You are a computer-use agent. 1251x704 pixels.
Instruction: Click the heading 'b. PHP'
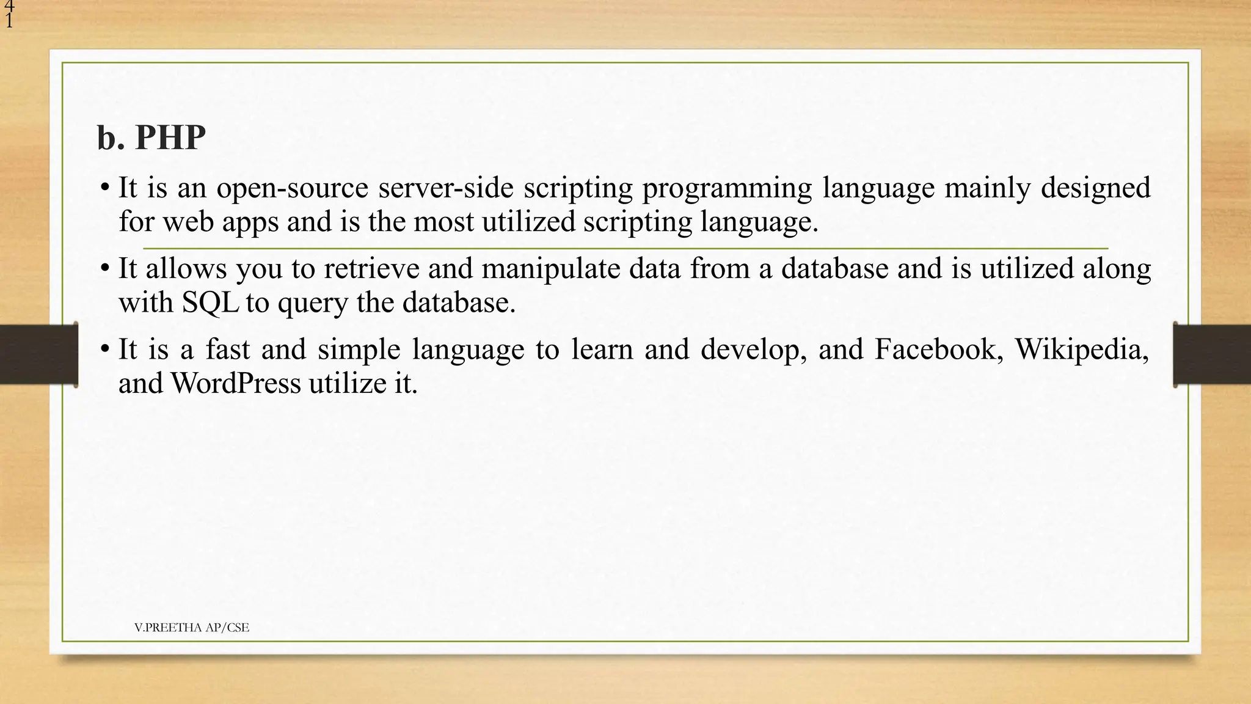(x=151, y=137)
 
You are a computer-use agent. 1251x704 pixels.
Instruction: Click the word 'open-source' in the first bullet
(x=292, y=188)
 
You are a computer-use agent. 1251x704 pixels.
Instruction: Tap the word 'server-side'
(x=445, y=188)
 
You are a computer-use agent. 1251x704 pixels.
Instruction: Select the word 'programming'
(x=726, y=188)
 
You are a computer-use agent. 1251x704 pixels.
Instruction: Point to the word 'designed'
(x=1095, y=188)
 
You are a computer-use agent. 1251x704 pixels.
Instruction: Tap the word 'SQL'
(x=210, y=302)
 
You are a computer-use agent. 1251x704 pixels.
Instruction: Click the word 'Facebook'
(x=938, y=350)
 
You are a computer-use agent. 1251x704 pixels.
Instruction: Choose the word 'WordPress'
(x=235, y=384)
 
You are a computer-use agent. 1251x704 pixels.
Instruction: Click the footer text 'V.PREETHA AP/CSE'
(x=191, y=628)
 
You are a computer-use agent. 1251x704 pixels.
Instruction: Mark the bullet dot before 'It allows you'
(x=105, y=268)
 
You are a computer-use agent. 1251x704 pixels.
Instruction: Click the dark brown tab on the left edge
(x=38, y=354)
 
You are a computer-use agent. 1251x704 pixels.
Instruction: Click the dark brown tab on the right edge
(x=1212, y=354)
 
